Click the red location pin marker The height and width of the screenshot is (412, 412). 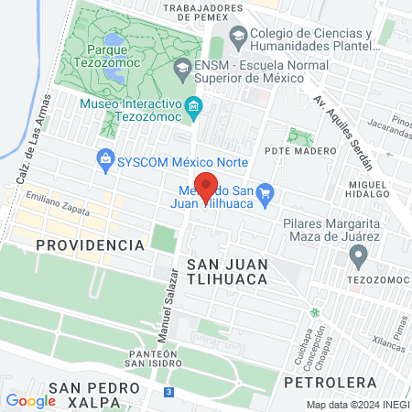tap(207, 187)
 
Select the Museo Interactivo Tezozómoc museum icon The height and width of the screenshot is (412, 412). tap(193, 108)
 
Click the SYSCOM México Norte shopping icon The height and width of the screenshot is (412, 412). tap(105, 158)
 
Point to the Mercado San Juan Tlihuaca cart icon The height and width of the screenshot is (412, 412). tap(266, 192)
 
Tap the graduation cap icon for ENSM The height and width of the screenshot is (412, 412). tap(182, 68)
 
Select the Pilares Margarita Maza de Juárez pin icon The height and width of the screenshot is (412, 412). tap(358, 254)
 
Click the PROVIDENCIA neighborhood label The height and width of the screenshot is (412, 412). tap(90, 245)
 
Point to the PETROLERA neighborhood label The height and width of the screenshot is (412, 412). tap(331, 381)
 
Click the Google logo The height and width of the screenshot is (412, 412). tap(31, 400)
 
